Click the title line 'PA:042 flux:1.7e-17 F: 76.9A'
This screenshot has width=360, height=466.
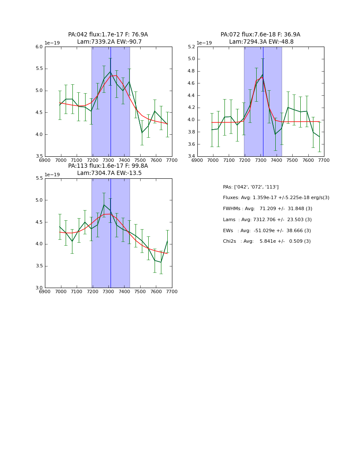108,35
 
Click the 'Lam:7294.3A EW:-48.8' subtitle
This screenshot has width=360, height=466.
261,42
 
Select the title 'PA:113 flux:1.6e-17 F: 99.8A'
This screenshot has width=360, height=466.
108,166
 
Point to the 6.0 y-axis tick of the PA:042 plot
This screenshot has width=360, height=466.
39,47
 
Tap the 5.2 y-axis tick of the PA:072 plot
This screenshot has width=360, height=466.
191,47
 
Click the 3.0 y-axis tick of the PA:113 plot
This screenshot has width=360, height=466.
39,288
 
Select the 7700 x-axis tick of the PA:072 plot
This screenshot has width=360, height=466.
324,160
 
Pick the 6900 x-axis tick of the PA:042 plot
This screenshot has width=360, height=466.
45,160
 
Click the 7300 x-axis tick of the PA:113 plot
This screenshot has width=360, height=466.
108,291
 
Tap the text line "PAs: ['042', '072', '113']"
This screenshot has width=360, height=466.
251,187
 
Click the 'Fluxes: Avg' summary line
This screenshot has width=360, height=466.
276,198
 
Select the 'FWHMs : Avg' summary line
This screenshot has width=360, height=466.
267,209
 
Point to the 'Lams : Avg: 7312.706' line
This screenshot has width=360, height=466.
267,220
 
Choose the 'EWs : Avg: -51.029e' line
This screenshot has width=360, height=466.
267,231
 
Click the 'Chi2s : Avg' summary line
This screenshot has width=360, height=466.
266,241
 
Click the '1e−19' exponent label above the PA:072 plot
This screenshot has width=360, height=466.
204,43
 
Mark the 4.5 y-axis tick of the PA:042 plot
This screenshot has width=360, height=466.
39,113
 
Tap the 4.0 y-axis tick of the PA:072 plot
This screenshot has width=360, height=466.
191,120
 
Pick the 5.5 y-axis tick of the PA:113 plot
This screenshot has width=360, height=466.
39,178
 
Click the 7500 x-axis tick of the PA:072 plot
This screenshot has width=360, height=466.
292,160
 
